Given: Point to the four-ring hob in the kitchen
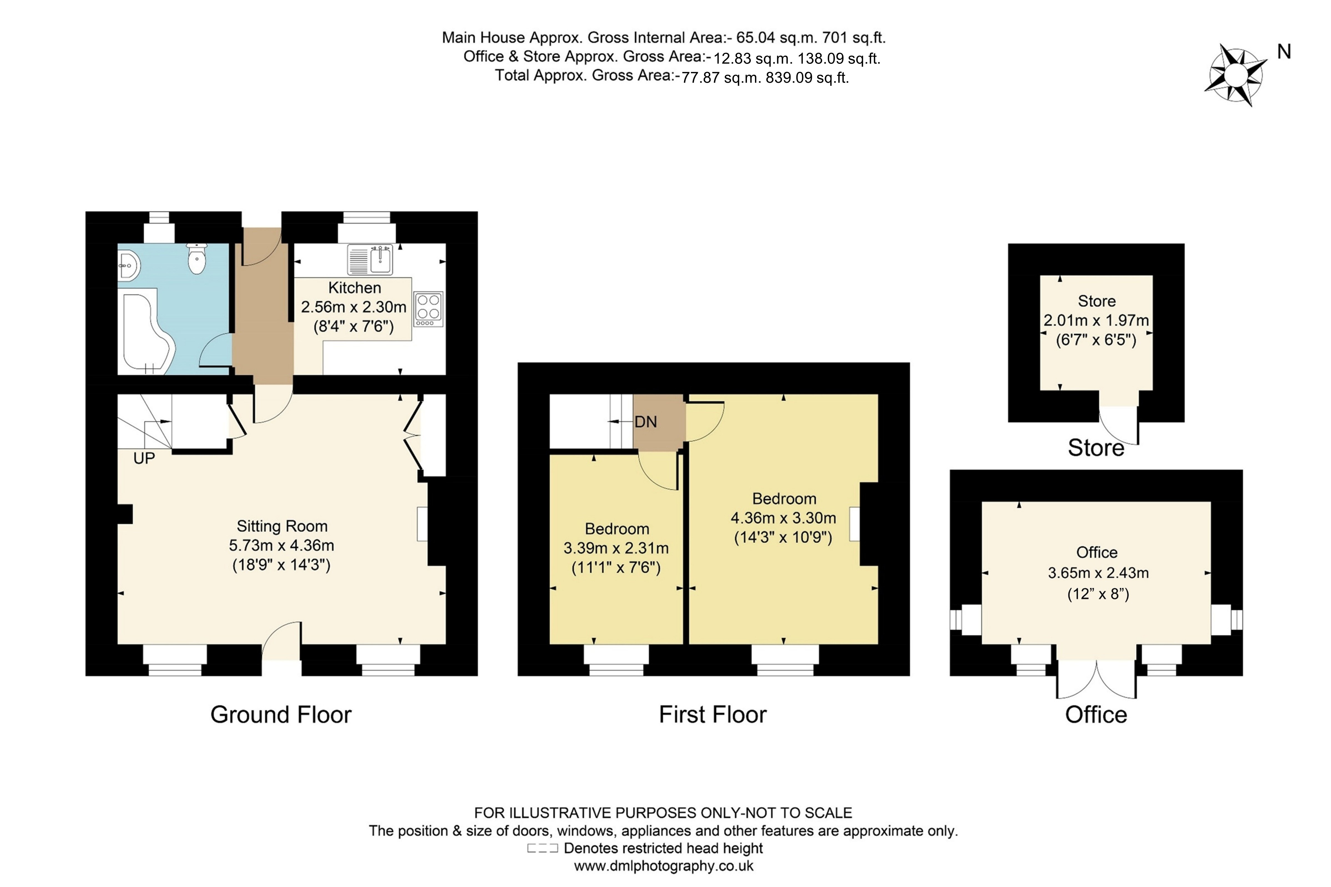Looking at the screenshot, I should click(428, 308).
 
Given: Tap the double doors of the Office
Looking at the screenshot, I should click(1096, 679).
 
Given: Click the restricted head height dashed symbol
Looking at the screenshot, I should click(542, 848).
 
